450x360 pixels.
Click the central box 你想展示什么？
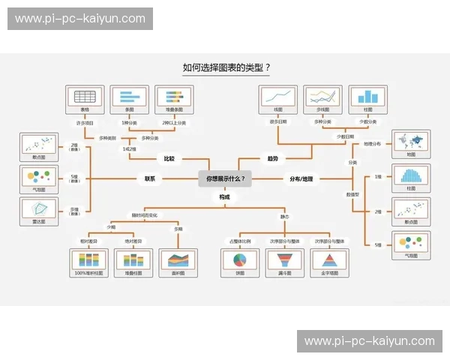pos(225,178)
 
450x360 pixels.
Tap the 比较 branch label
pos(169,159)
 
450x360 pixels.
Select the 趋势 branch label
pos(272,159)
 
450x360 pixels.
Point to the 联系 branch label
pos(150,178)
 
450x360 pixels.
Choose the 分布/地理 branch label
pos(301,178)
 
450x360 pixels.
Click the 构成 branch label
pos(225,196)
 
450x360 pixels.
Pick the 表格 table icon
pos(85,96)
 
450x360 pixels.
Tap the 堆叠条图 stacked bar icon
pos(174,96)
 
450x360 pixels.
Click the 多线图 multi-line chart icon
pos(322,96)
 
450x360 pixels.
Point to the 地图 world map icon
pos(411,142)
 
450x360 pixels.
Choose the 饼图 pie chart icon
pos(240,259)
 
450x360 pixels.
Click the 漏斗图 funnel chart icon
pos(284,259)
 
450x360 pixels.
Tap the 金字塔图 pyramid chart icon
pos(329,259)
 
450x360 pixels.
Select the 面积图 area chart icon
pos(178,259)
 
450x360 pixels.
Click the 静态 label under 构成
pos(284,217)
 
